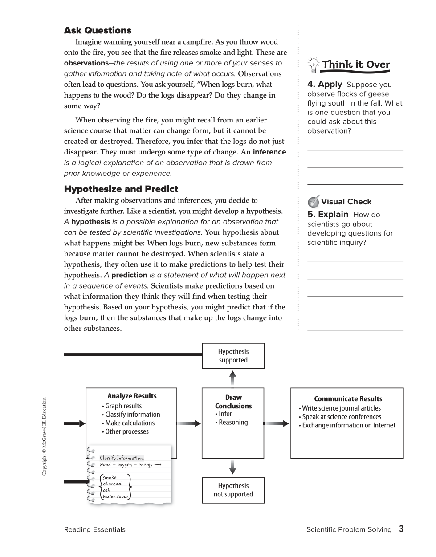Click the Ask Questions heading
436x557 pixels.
[98, 31]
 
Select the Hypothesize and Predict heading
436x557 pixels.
[121, 189]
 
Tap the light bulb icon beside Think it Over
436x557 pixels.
[314, 65]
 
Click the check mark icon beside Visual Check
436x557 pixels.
[314, 201]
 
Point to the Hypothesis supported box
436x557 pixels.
[233, 356]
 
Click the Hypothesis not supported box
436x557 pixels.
[233, 490]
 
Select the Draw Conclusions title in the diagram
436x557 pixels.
[233, 402]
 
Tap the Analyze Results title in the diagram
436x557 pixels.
[132, 396]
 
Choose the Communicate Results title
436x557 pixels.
[348, 399]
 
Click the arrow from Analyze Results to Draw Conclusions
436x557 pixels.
[189, 423]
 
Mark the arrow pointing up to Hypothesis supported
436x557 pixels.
[232, 378]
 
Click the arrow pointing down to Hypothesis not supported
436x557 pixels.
[232, 468]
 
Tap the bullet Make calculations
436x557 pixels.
[128, 423]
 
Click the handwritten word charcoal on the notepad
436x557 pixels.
[113, 484]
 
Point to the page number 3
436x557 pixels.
[401, 529]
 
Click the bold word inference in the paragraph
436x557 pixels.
[269, 152]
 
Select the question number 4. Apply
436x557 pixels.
[325, 84]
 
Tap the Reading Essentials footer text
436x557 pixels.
[94, 529]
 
